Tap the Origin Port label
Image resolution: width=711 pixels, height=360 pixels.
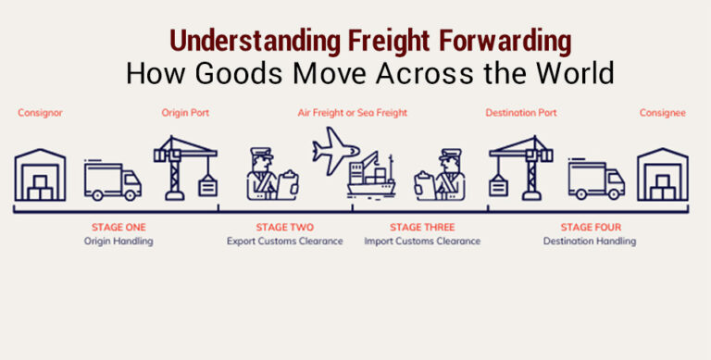point(185,113)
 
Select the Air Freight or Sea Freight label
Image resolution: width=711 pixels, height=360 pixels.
point(352,113)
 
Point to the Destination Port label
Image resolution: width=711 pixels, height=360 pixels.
point(521,113)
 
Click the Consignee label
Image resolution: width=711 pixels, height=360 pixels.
point(662,113)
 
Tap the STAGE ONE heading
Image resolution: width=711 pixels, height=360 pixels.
point(118,227)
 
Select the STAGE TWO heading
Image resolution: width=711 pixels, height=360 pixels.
point(284,227)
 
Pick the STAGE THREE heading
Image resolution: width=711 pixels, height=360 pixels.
point(421,227)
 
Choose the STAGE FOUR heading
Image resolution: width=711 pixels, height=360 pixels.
point(590,227)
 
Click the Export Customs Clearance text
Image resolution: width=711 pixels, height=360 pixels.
point(284,242)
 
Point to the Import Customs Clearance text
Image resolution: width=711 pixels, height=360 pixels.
point(421,242)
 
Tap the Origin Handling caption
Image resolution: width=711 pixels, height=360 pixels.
point(118,242)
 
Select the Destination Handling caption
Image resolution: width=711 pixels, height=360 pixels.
point(590,242)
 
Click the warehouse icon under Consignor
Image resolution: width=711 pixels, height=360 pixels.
point(40,175)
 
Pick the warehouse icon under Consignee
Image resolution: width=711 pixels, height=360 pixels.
point(662,175)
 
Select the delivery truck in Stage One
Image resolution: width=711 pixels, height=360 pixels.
point(112,181)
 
